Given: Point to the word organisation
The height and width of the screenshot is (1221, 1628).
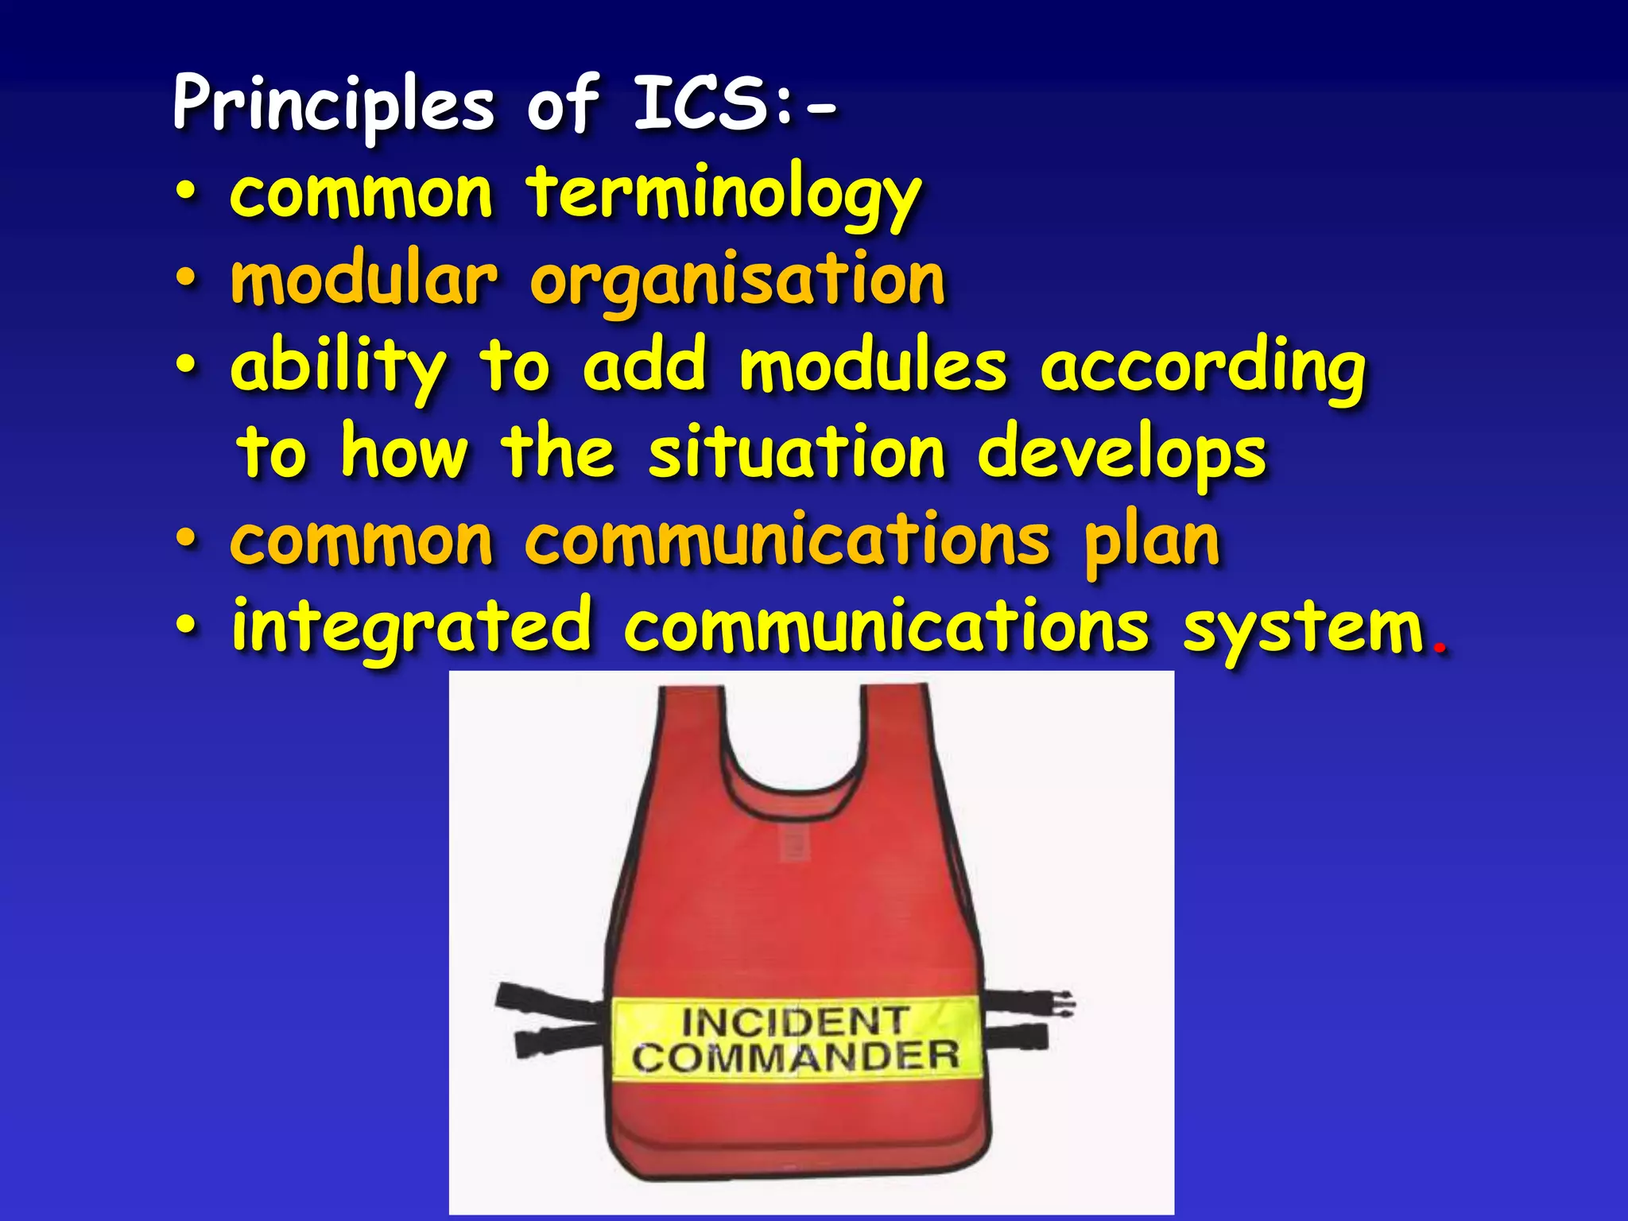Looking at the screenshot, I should [x=738, y=282].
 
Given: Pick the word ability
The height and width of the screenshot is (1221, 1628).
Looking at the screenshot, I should [x=338, y=368].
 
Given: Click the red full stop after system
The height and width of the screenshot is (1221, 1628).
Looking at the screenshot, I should [x=1438, y=647].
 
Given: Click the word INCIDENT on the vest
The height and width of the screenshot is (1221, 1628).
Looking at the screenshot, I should [x=795, y=1021].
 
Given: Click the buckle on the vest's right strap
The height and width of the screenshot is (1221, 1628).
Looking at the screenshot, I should [x=1061, y=1004].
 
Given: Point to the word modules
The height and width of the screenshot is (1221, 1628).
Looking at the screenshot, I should [x=873, y=366].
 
